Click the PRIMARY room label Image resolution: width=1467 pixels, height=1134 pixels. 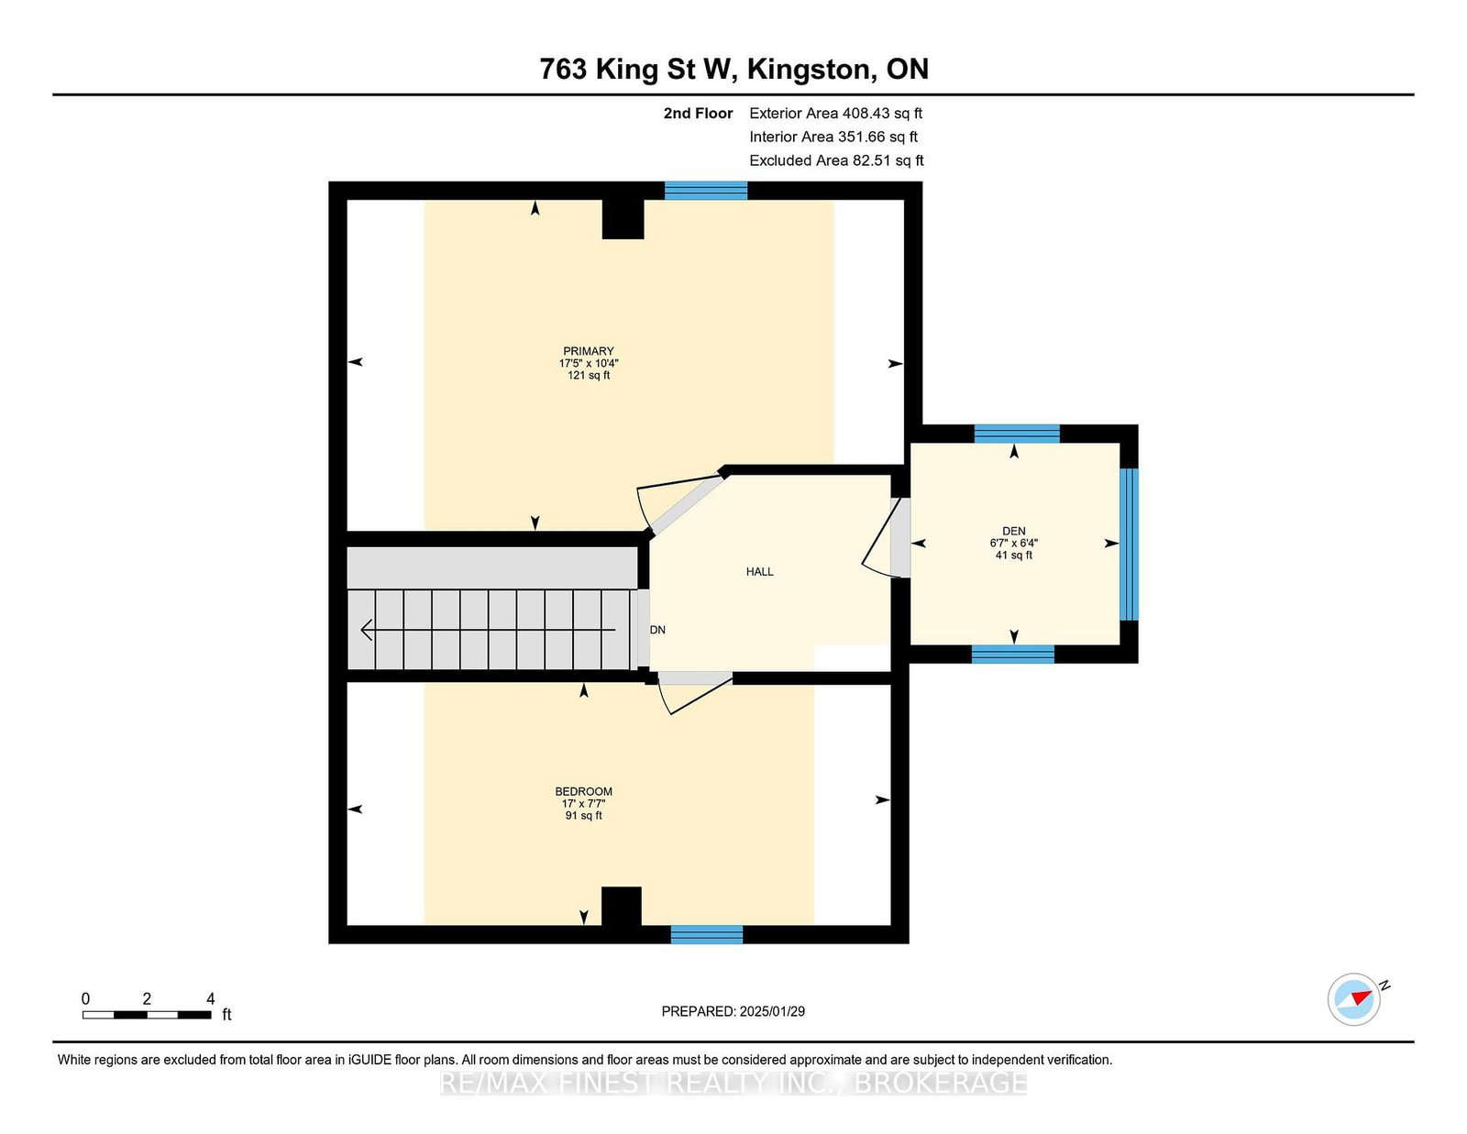pyautogui.click(x=588, y=351)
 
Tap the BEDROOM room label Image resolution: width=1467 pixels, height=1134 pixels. pyautogui.click(x=583, y=791)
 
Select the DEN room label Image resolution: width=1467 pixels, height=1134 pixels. pyautogui.click(x=1013, y=531)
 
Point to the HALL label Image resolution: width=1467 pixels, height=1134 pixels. pyautogui.click(x=759, y=572)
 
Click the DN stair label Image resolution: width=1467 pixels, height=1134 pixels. pyautogui.click(x=657, y=630)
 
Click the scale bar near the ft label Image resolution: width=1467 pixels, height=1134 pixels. pyautogui.click(x=148, y=1015)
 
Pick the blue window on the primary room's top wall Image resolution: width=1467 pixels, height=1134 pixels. pyautogui.click(x=705, y=191)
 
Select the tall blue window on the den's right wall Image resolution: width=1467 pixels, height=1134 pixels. pyautogui.click(x=1129, y=544)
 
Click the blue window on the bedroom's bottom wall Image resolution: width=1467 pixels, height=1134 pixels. pyautogui.click(x=706, y=934)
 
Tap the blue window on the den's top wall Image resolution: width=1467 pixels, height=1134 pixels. pyautogui.click(x=1017, y=434)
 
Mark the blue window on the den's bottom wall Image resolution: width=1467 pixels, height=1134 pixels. pyautogui.click(x=1012, y=654)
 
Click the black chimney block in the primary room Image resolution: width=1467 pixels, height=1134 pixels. pyautogui.click(x=623, y=219)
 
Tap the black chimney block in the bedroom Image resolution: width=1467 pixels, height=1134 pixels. pyautogui.click(x=621, y=906)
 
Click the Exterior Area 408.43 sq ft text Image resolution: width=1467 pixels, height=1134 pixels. pyautogui.click(x=836, y=114)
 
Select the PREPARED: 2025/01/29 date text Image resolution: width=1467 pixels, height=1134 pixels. pyautogui.click(x=733, y=1011)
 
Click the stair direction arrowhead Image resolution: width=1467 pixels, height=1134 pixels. pyautogui.click(x=367, y=630)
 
